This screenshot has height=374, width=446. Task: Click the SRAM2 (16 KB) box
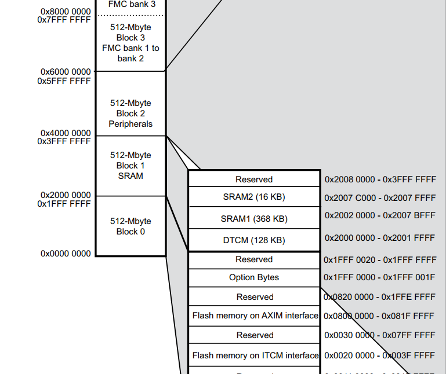click(254, 197)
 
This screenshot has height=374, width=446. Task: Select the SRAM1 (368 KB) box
click(254, 219)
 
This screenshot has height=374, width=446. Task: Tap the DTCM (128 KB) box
click(254, 240)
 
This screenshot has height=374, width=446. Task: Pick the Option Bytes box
click(254, 277)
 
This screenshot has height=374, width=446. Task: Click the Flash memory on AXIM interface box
click(255, 316)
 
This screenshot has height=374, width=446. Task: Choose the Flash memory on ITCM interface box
click(255, 355)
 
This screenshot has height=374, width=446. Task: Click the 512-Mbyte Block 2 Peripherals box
click(130, 113)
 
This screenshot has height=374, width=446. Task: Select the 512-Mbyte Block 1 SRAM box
click(130, 166)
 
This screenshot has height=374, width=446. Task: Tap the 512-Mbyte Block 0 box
click(130, 226)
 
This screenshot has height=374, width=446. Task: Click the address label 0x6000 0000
click(66, 72)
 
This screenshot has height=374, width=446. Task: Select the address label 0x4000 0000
click(66, 133)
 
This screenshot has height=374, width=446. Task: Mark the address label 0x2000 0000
click(66, 195)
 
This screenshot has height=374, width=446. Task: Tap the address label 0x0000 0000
click(66, 254)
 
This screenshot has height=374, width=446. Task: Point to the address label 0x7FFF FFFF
click(64, 20)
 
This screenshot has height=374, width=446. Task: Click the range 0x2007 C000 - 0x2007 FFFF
click(380, 197)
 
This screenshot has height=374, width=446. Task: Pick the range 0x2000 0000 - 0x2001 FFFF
click(380, 237)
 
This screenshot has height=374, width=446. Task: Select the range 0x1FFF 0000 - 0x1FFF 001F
click(379, 277)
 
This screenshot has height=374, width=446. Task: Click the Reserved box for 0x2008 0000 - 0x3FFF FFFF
click(254, 179)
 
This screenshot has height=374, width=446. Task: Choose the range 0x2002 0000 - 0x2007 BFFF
click(380, 215)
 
